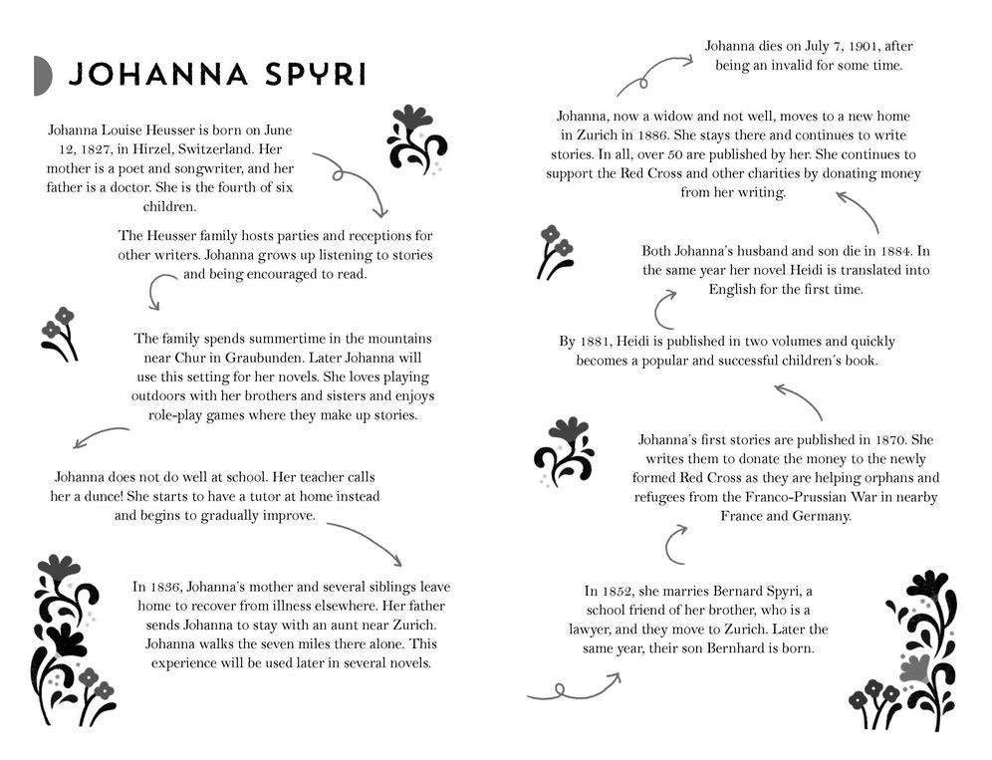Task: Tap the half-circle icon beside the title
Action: [x=42, y=76]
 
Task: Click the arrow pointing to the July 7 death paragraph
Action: [x=653, y=74]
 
